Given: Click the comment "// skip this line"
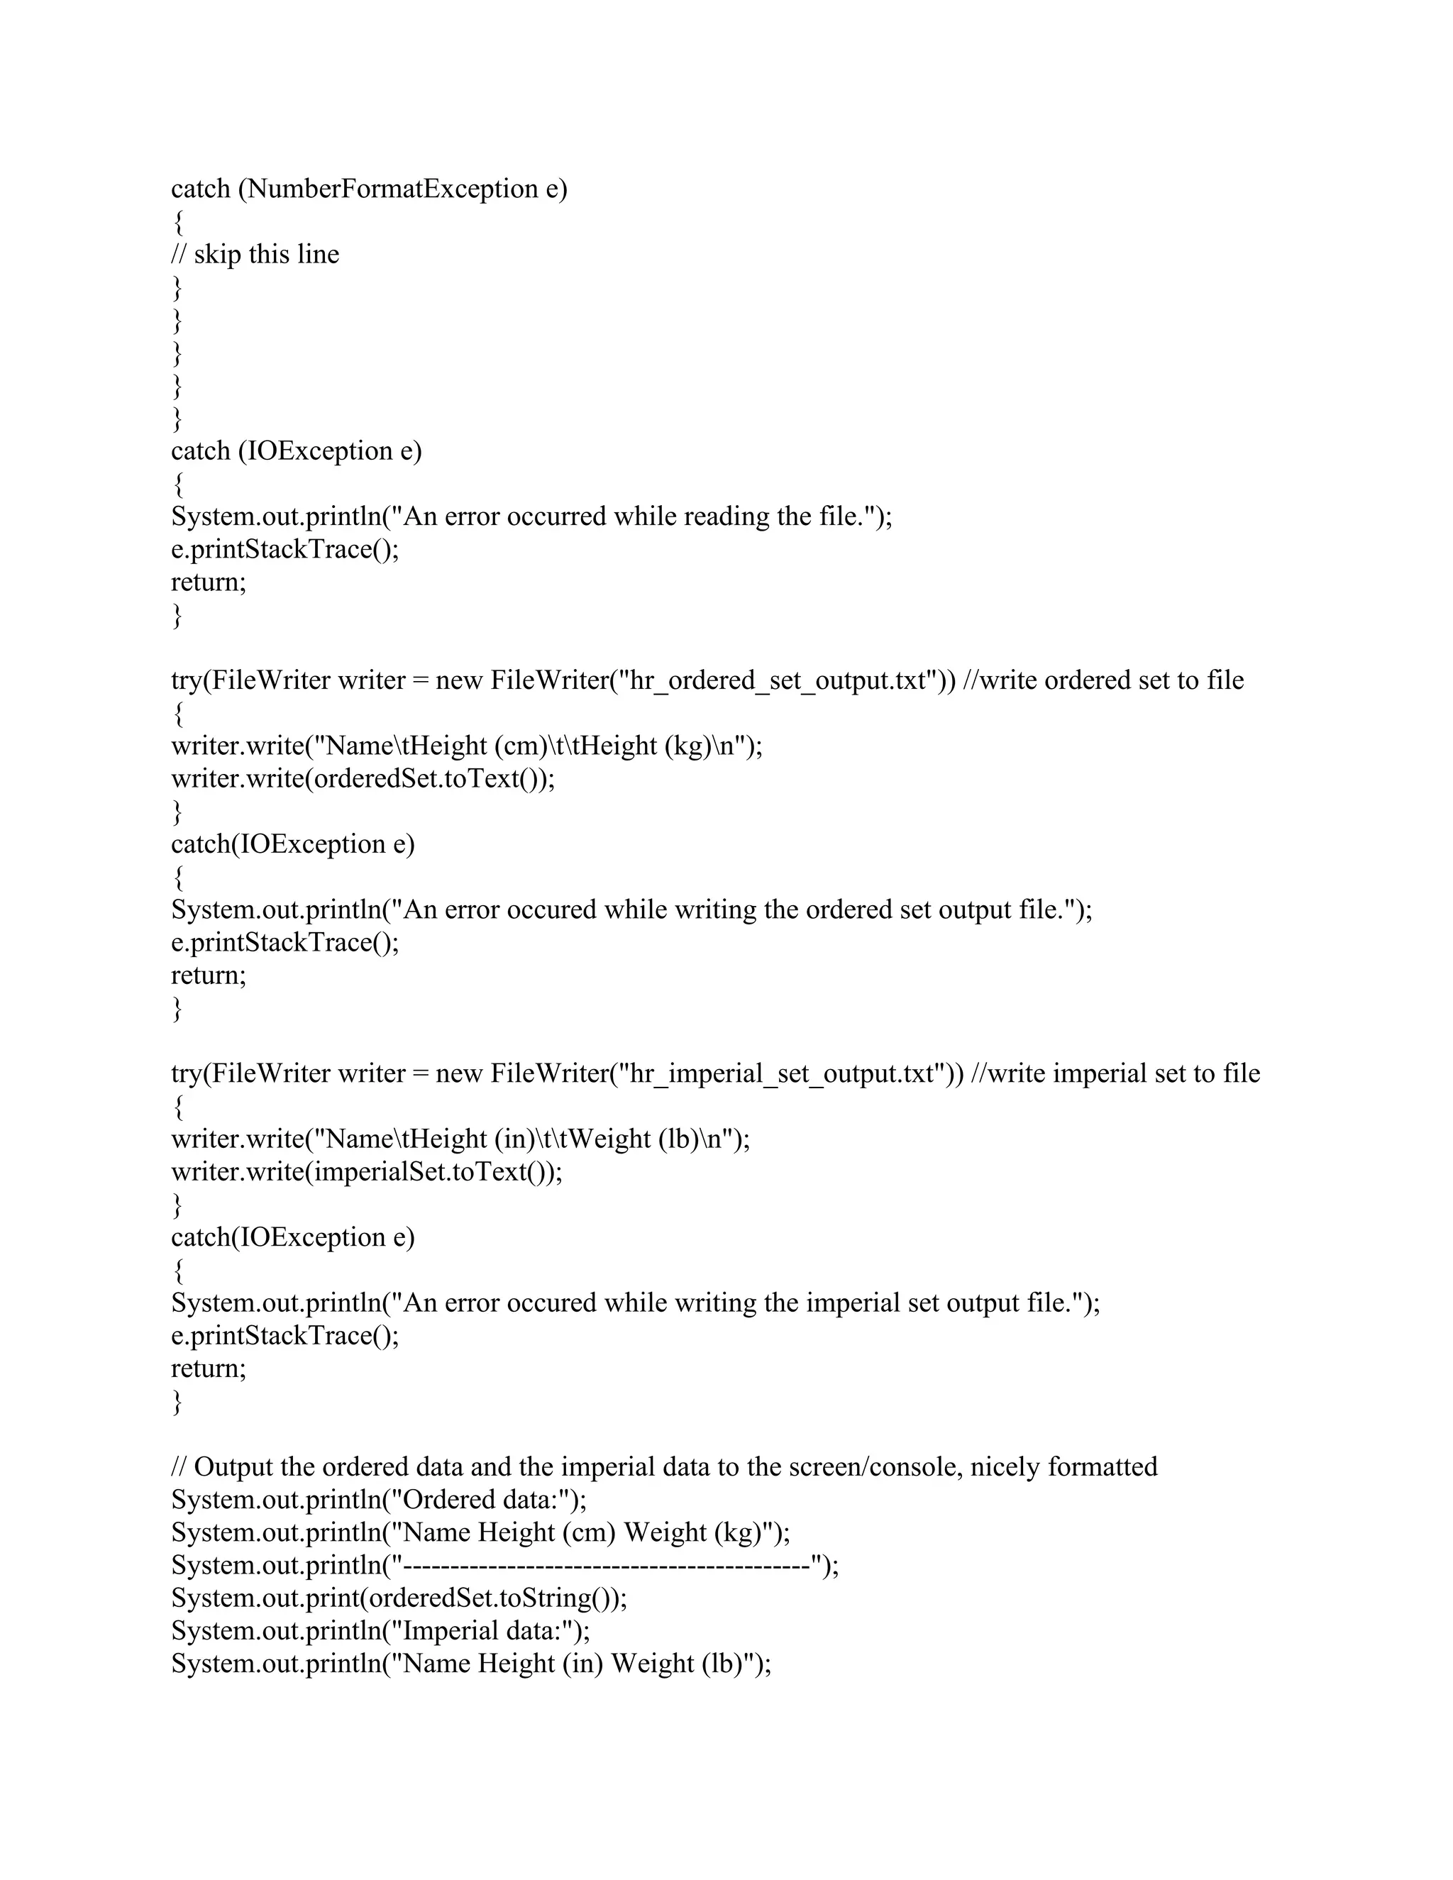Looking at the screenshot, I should tap(255, 254).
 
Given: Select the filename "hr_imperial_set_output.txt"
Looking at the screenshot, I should tap(790, 1073).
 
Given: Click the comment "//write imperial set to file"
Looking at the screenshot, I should tap(1115, 1073).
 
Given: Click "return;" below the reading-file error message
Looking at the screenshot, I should tap(209, 582).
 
